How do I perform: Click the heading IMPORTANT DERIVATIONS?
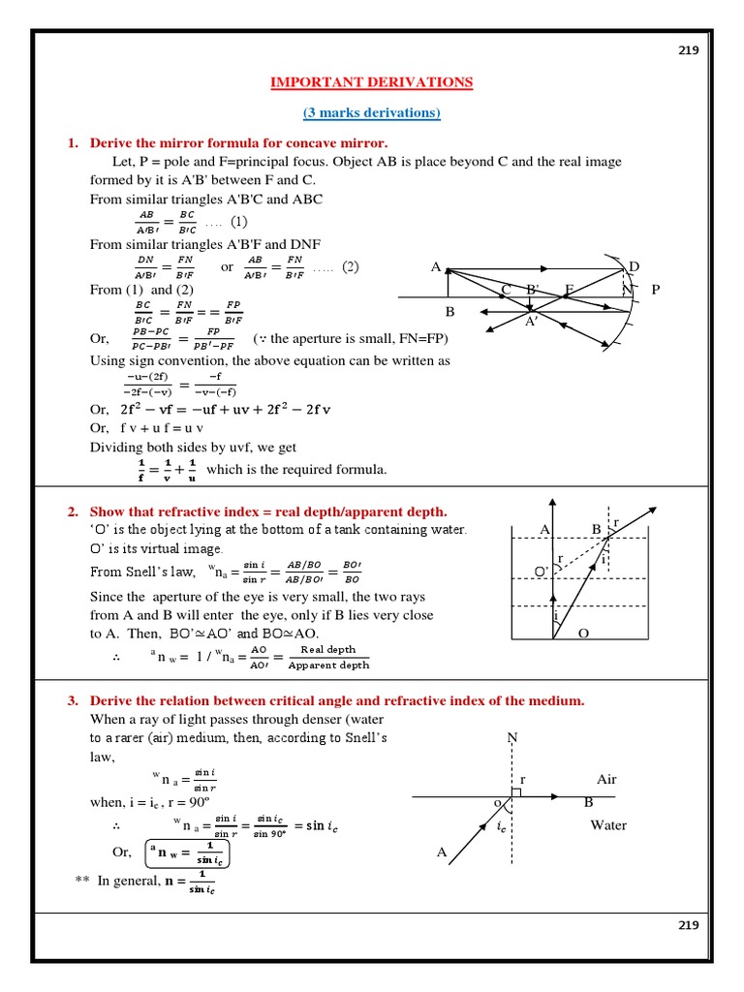tap(372, 82)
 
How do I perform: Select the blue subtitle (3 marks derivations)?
tap(372, 113)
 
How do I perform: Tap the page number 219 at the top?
tap(688, 51)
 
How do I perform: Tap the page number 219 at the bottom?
tap(688, 925)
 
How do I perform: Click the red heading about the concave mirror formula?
tap(238, 143)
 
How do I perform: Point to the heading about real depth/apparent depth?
tap(268, 511)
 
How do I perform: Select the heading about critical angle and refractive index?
tap(337, 700)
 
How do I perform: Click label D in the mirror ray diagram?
tap(635, 266)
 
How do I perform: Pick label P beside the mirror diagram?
tap(656, 289)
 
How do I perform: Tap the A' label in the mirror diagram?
tap(532, 322)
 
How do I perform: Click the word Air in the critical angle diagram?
tap(607, 779)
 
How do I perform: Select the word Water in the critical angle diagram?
tap(608, 825)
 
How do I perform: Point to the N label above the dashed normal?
tap(512, 738)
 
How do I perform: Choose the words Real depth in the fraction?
tap(328, 650)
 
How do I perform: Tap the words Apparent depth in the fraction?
tap(328, 666)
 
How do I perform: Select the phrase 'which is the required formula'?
tap(296, 470)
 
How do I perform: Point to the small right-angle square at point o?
tap(516, 791)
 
